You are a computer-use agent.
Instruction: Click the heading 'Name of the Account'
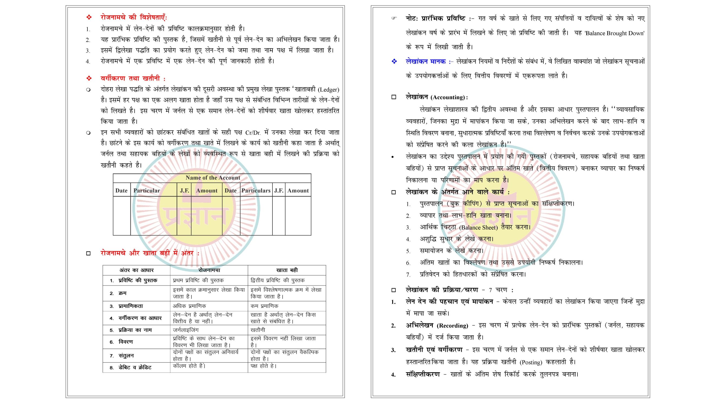[x=213, y=178]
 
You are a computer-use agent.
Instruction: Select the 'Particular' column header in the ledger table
[x=147, y=191]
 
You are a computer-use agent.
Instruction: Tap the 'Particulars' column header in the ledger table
[x=256, y=191]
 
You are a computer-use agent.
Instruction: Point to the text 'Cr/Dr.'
[x=253, y=133]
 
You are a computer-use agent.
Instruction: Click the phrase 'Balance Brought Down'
[x=614, y=33]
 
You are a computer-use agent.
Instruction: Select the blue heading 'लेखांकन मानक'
[x=425, y=61]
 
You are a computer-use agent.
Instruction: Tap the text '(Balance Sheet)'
[x=478, y=227]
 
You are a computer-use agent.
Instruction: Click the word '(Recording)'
[x=452, y=326]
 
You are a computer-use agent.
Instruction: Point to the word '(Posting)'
[x=531, y=362]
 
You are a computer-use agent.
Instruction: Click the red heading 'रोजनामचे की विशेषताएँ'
[x=134, y=18]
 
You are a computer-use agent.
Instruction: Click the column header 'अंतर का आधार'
[x=136, y=270]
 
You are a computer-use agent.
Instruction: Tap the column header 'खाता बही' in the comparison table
[x=287, y=270]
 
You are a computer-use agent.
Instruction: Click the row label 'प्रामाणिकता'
[x=131, y=306]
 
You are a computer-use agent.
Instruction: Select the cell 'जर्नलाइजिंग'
[x=186, y=330]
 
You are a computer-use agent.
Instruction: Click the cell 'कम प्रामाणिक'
[x=264, y=306]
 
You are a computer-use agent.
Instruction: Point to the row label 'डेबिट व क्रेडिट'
[x=135, y=368]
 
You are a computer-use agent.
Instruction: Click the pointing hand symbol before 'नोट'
[x=394, y=19]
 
